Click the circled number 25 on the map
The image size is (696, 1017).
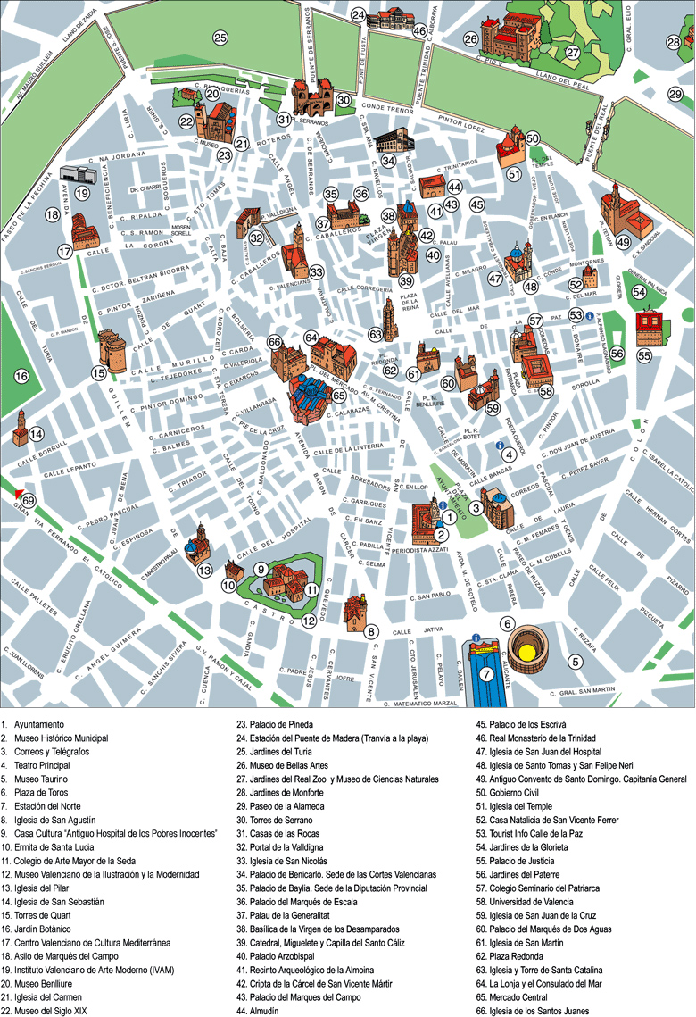coord(220,38)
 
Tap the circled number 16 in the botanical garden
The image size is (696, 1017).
coord(21,377)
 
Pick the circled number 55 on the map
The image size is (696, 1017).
coord(644,354)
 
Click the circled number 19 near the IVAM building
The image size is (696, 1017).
coord(81,193)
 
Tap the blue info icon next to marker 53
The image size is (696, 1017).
coord(590,315)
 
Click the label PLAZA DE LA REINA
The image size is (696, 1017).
coord(410,301)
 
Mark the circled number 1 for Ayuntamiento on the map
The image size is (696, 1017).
coord(451,516)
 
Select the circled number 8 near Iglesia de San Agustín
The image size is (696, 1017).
coord(371,631)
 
